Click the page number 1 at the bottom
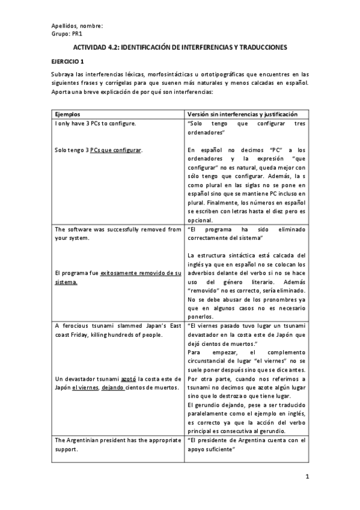click(x=307, y=478)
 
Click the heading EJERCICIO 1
click(x=67, y=61)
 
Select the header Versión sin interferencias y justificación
click(x=239, y=114)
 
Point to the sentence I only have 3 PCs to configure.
click(x=95, y=123)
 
